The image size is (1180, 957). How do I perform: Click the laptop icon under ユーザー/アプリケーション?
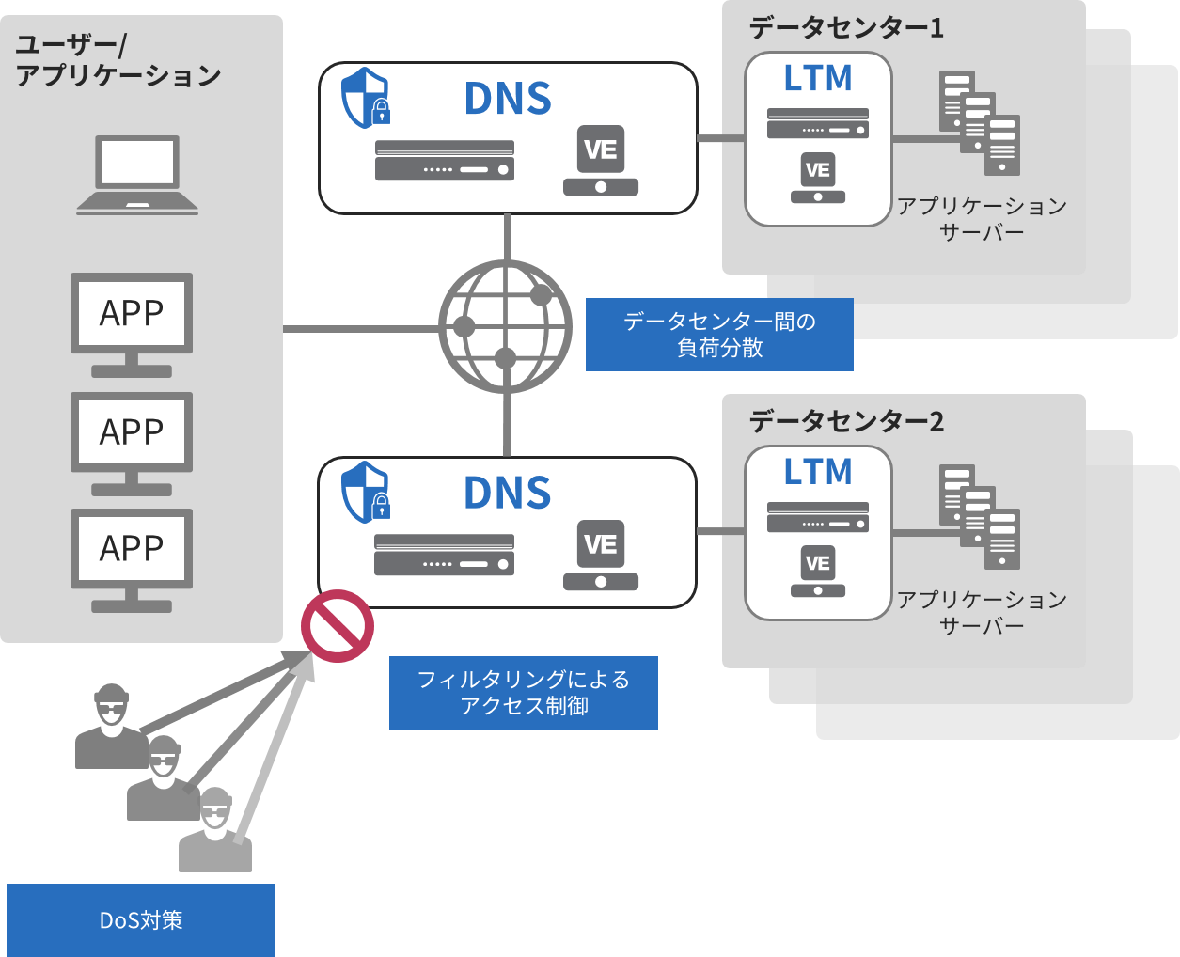pos(137,175)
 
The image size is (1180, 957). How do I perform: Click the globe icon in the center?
pos(506,327)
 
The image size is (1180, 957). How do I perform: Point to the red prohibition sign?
pos(338,626)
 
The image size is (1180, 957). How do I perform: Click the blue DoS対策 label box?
pos(141,919)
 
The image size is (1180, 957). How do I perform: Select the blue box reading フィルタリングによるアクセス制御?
pos(524,693)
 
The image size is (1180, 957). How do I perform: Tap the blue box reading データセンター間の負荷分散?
pos(719,335)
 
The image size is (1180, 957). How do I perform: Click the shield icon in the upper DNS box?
pos(366,98)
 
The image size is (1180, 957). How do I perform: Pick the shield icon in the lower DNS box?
pos(366,492)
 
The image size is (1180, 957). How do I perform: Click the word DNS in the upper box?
pos(508,99)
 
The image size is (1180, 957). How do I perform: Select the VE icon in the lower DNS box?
pos(601,556)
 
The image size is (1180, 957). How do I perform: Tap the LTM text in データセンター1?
pos(818,79)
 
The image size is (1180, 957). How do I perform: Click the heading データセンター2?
pos(846,421)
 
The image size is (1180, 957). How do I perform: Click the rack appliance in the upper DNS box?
pos(445,161)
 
